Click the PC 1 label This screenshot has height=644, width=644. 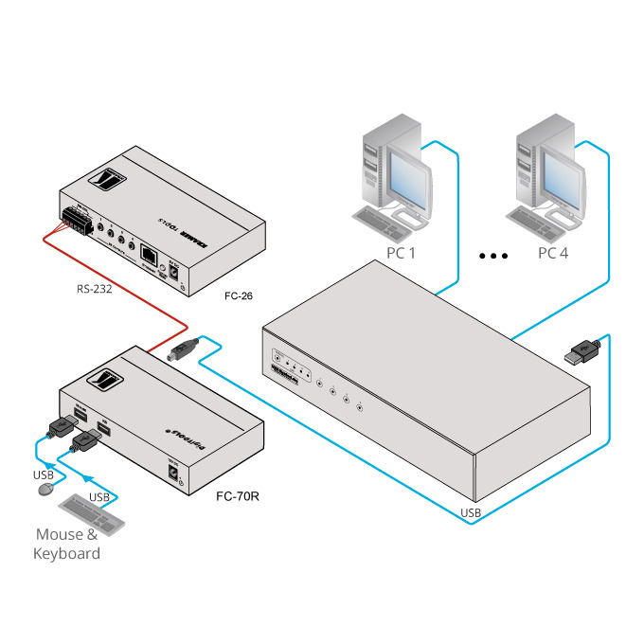click(x=401, y=253)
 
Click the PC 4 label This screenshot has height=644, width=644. click(x=556, y=253)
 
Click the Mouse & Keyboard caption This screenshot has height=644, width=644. click(x=66, y=544)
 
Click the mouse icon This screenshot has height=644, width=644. click(x=45, y=490)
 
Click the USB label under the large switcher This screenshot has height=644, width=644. click(x=471, y=513)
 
